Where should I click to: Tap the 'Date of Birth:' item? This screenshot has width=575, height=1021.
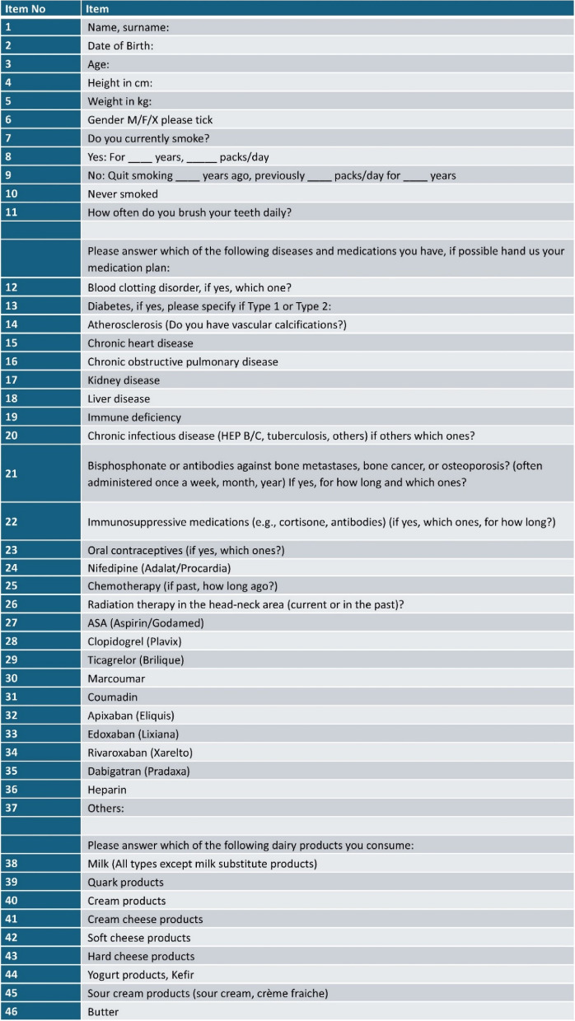pos(120,45)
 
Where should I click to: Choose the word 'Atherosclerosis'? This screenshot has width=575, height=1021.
pos(126,324)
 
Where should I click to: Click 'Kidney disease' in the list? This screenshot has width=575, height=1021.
pos(124,380)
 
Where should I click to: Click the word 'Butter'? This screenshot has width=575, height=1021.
pos(104,1012)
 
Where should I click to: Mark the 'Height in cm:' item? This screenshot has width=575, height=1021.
pos(120,82)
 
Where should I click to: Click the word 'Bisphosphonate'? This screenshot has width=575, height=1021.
pos(129,464)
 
